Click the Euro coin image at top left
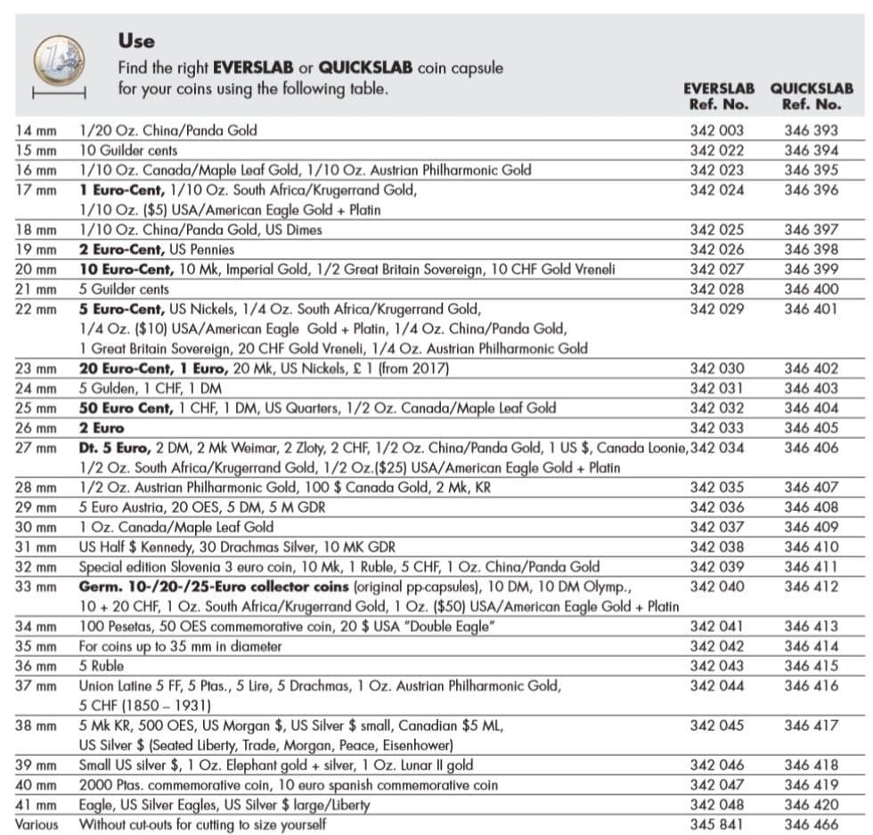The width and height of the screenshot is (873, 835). tap(59, 60)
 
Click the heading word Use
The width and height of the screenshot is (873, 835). tap(135, 40)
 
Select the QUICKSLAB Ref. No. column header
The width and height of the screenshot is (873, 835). tap(811, 96)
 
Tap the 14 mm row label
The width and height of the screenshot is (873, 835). tap(36, 130)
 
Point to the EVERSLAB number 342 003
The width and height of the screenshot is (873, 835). tap(717, 130)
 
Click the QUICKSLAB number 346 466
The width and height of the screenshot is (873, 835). tap(811, 824)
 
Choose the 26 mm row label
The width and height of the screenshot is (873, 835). tap(36, 428)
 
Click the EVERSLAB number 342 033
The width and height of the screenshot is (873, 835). tap(717, 428)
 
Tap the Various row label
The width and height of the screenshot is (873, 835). tap(37, 824)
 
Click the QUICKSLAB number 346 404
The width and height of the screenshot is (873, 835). tap(811, 409)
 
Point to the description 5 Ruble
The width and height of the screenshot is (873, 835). tap(102, 666)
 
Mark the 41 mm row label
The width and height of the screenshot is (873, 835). tap(36, 805)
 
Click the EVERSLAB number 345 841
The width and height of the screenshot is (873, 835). tap(717, 824)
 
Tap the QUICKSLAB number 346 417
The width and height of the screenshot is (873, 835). tap(811, 726)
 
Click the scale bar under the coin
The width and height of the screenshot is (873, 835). tap(58, 93)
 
